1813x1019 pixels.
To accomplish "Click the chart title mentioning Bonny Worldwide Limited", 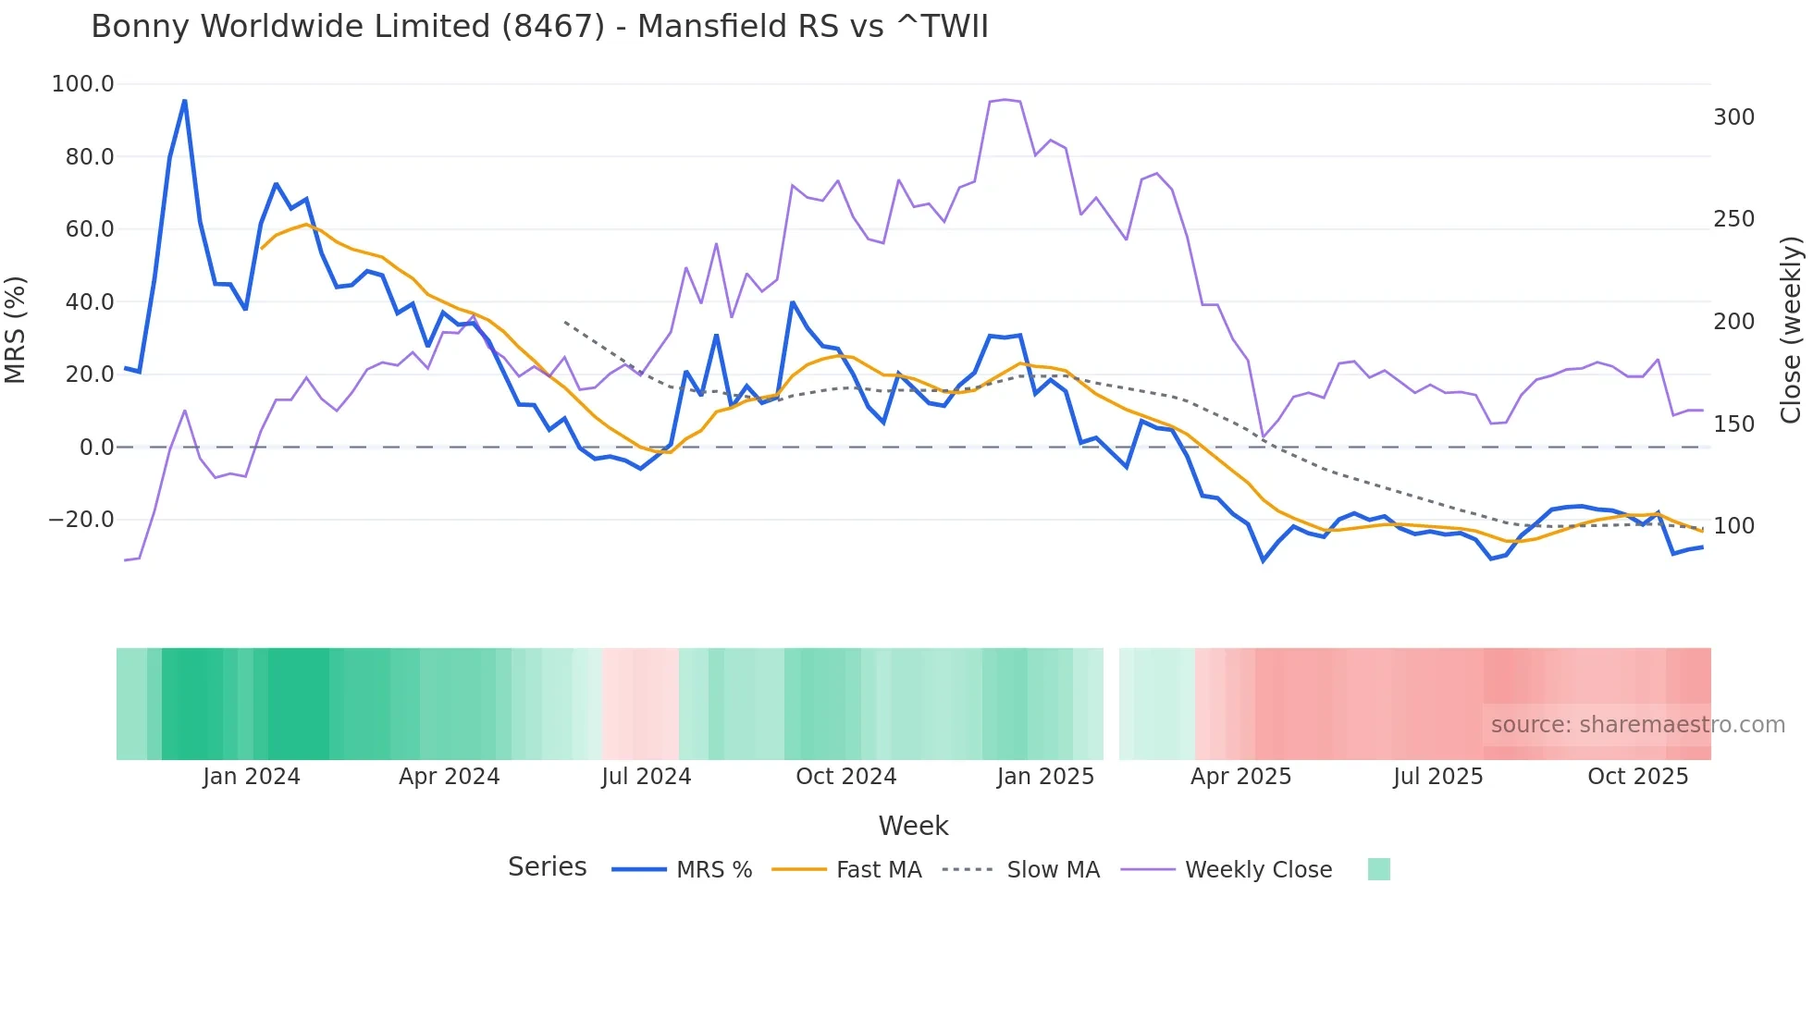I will tap(539, 27).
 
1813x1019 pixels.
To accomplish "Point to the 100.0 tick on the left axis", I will tap(82, 84).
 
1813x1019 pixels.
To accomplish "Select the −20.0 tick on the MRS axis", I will tap(81, 520).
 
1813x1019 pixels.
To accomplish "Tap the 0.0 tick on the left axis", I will tap(96, 448).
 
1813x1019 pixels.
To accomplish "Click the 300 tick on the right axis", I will tap(1733, 117).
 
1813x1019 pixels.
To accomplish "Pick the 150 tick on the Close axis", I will tap(1733, 424).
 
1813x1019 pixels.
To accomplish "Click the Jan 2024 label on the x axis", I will tap(252, 777).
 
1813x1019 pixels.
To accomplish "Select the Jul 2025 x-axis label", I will tap(1437, 777).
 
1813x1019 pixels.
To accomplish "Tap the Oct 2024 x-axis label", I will tap(845, 777).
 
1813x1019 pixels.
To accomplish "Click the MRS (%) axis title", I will tap(16, 329).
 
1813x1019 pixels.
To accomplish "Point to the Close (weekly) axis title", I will tap(1792, 329).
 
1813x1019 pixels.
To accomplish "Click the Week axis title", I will tap(913, 826).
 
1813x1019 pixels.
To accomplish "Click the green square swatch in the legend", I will tap(1378, 869).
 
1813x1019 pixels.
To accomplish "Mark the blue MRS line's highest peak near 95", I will tap(185, 100).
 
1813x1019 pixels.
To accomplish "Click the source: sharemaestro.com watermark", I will tap(1637, 725).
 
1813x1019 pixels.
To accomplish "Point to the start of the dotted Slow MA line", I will tap(565, 322).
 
